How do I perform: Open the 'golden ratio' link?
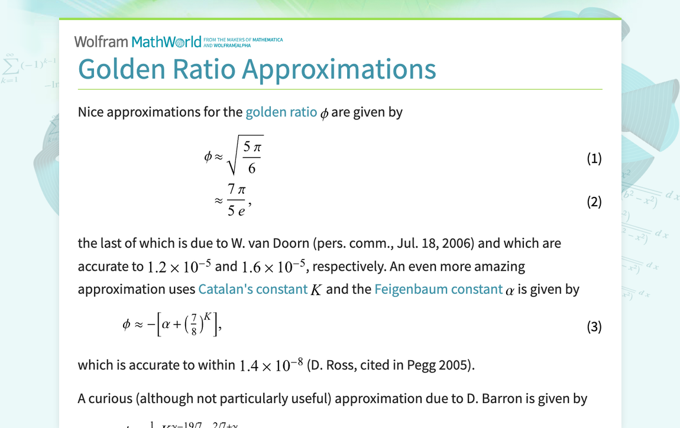coord(281,112)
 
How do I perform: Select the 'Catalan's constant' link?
coord(252,289)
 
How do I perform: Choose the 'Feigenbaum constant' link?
coord(438,289)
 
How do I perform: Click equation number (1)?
coord(594,158)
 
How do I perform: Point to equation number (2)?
coord(594,202)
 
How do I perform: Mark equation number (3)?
coord(594,326)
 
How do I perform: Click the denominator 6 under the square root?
coord(252,168)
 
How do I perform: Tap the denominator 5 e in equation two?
coord(236,210)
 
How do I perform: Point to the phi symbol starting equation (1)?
coord(208,157)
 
